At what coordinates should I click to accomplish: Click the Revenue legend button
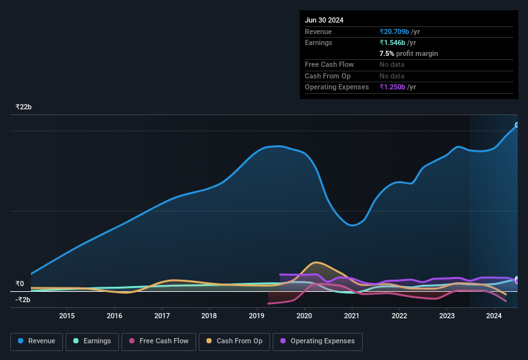pyautogui.click(x=37, y=341)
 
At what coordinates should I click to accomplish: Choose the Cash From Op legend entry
pyautogui.click(x=234, y=341)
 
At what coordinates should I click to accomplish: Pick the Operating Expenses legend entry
pyautogui.click(x=317, y=341)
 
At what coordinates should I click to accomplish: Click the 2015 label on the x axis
pyautogui.click(x=67, y=316)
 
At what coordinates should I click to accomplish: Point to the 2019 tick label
pyautogui.click(x=257, y=316)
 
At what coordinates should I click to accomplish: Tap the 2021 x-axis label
pyautogui.click(x=351, y=316)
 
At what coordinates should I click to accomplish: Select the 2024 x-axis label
pyautogui.click(x=494, y=316)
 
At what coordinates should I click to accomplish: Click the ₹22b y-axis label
pyautogui.click(x=24, y=107)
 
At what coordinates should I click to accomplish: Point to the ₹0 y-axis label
pyautogui.click(x=19, y=283)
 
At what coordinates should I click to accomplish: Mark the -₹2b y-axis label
pyautogui.click(x=23, y=300)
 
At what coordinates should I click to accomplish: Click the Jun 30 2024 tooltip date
pyautogui.click(x=324, y=20)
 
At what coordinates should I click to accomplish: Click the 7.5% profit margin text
pyautogui.click(x=408, y=53)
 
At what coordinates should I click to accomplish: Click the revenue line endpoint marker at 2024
pyautogui.click(x=516, y=125)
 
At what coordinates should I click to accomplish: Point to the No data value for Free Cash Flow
pyautogui.click(x=392, y=64)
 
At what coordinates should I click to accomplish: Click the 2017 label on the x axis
pyautogui.click(x=162, y=316)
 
